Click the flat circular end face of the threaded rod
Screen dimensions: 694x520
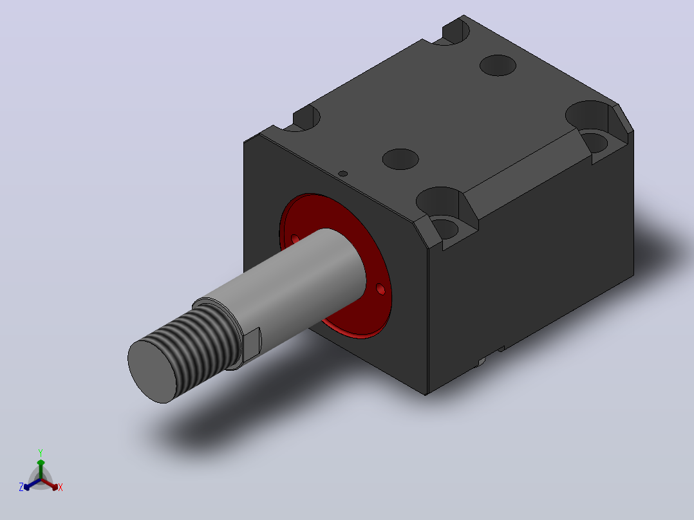point(152,371)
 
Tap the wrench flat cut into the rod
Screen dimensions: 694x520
point(251,344)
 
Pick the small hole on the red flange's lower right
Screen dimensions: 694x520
point(380,289)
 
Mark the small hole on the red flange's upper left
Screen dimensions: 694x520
point(295,239)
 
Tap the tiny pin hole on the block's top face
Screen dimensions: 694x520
point(342,174)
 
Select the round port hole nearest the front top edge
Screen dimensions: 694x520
point(400,160)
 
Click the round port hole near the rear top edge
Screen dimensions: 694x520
point(498,66)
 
